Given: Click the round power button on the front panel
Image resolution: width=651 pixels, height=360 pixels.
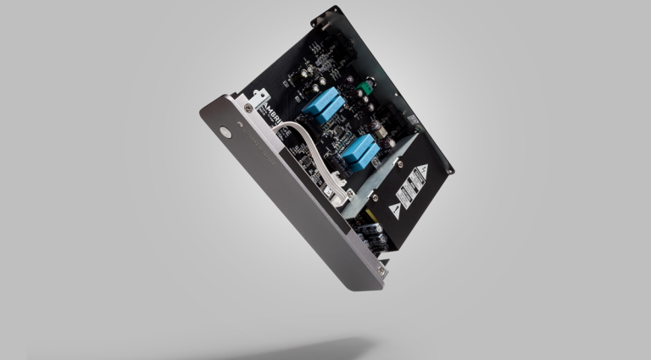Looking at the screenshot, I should pos(225,133).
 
